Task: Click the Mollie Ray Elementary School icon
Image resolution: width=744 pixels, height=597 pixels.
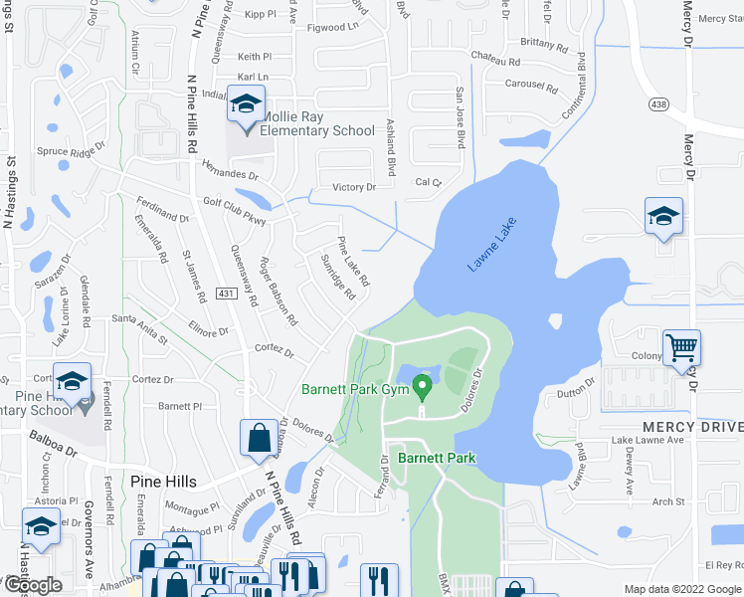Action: click(246, 102)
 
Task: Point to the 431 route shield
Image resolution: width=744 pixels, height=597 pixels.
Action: click(227, 293)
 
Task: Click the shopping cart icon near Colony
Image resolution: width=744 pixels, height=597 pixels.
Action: click(681, 347)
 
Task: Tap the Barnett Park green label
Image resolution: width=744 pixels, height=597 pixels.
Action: click(437, 459)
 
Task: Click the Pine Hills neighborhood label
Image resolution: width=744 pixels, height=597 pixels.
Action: click(163, 482)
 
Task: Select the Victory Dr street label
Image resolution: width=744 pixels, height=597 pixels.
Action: click(354, 187)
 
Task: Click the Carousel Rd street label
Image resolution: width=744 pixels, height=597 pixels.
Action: click(531, 86)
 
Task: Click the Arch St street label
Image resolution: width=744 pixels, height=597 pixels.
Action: click(669, 502)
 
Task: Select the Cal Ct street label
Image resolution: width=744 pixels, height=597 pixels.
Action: click(428, 182)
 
